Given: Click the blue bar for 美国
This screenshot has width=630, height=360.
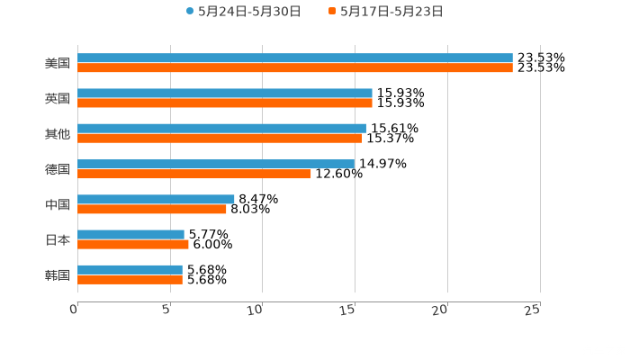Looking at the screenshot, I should [295, 58].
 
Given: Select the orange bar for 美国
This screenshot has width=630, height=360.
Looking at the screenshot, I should [295, 67].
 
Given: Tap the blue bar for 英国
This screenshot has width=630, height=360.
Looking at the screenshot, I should [225, 94].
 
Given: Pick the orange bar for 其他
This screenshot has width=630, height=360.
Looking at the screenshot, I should [220, 138].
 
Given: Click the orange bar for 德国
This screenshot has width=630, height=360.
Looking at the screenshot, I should [194, 174].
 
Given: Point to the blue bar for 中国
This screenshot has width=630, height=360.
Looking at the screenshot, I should [156, 199].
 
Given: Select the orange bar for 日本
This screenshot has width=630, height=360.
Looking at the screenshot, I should [133, 244].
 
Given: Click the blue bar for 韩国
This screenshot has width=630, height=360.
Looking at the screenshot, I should [130, 269].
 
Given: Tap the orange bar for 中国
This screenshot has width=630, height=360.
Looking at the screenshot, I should [152, 209].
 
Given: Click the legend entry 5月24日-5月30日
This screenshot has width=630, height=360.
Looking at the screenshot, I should [243, 12].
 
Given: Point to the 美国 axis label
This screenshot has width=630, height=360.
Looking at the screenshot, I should [57, 64].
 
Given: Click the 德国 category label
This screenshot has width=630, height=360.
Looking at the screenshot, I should [57, 169].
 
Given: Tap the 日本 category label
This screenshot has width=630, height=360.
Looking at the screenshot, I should [57, 239].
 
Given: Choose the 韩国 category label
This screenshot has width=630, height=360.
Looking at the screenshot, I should [57, 274].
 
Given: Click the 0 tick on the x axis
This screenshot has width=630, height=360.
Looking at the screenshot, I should [75, 309].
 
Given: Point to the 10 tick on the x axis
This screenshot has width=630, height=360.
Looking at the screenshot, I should [258, 309].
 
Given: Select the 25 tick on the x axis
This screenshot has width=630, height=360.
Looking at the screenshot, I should [533, 309].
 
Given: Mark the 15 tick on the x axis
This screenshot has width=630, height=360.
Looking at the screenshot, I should [351, 309].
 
